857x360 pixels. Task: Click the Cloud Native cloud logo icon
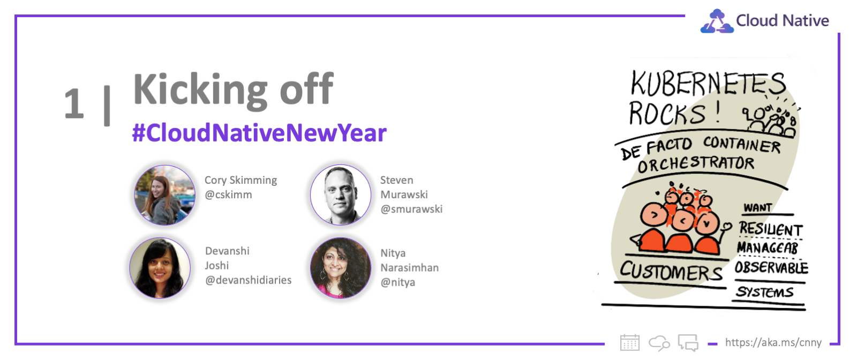[717, 21]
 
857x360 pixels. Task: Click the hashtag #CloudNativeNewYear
[259, 133]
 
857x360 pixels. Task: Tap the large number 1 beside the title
[74, 104]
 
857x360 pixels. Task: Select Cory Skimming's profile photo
[164, 195]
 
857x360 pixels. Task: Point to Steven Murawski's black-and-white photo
[341, 195]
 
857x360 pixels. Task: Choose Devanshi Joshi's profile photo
[160, 268]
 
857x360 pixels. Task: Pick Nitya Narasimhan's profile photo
[341, 268]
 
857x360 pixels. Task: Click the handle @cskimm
[228, 194]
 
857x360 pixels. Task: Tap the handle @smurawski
[411, 209]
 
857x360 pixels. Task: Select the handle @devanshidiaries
[249, 280]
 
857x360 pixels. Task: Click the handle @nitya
[398, 282]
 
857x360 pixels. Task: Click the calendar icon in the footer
[630, 342]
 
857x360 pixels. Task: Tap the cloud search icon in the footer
[659, 343]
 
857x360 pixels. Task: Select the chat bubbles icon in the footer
[688, 342]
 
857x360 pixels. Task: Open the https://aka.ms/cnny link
[773, 342]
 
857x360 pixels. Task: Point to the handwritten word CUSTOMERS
[671, 271]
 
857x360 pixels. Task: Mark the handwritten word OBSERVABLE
[771, 267]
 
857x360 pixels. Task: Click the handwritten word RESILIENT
[771, 229]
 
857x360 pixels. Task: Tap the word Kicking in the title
[200, 90]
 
